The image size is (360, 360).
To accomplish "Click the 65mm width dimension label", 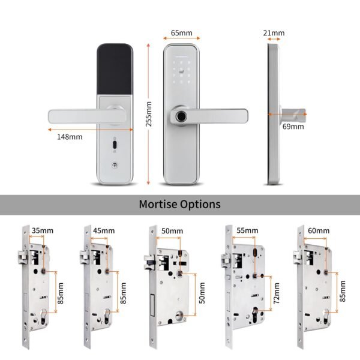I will tap(182, 33).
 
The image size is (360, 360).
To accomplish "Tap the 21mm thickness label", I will tap(274, 33).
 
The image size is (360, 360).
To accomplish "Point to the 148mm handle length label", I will tap(70, 137).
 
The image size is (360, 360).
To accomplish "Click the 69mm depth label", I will tap(293, 127).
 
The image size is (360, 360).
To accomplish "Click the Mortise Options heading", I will tap(179, 204).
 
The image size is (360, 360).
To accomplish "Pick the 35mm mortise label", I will tap(41, 230).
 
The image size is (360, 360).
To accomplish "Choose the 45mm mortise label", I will tap(104, 230).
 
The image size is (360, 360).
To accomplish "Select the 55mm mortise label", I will tap(247, 230).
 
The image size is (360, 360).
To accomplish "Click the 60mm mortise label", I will tap(318, 230).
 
